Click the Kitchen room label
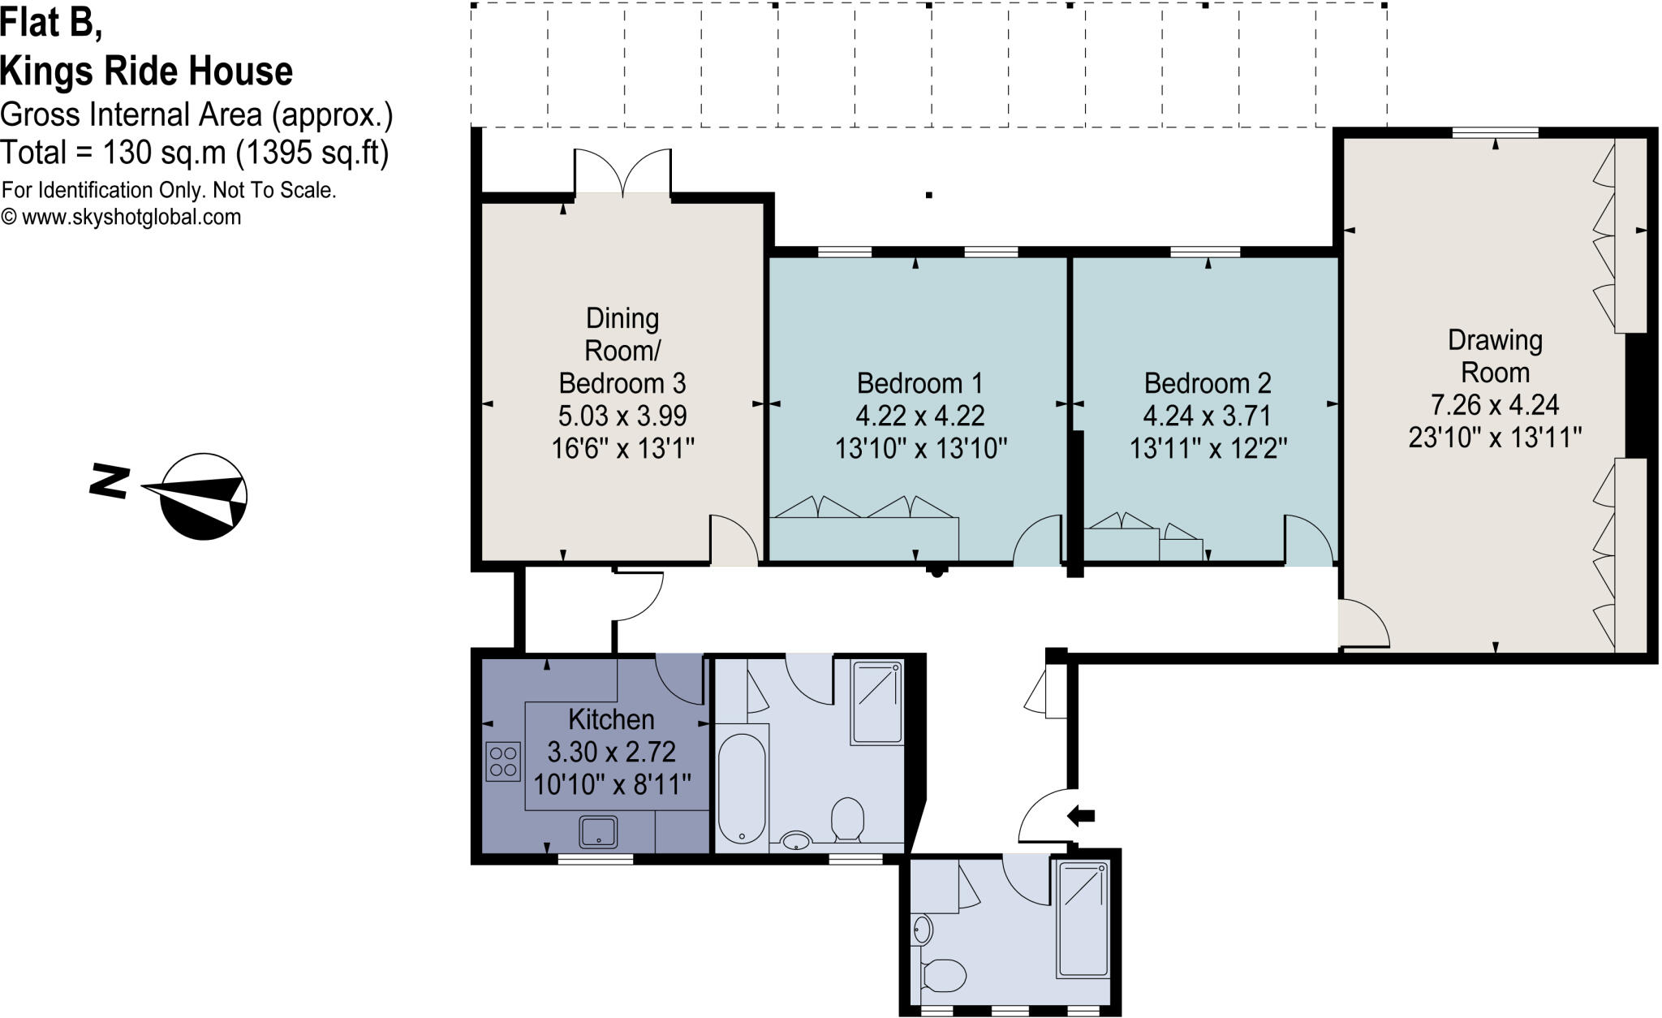[611, 719]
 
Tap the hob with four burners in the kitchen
[502, 761]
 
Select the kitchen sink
[598, 833]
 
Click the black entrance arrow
[1081, 815]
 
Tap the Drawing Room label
[1495, 356]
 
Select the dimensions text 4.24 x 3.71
[1208, 416]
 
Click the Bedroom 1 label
[919, 382]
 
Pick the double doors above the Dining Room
[623, 172]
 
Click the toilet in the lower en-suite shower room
[944, 975]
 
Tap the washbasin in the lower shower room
[922, 930]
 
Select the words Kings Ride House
[147, 71]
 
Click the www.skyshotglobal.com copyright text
[122, 218]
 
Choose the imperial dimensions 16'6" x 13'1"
[623, 448]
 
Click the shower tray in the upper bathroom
[876, 702]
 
